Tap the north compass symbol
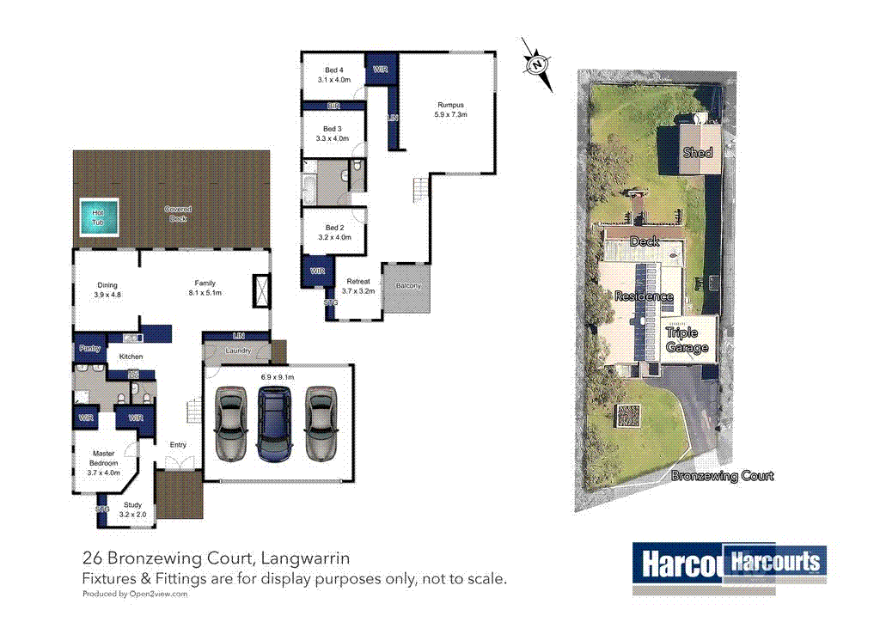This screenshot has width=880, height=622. point(537,64)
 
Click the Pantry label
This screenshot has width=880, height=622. point(89,349)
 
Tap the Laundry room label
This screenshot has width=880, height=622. point(238,351)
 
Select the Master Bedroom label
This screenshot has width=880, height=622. point(106,461)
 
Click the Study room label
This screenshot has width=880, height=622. point(132,505)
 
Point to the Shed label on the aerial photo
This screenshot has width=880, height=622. point(698,152)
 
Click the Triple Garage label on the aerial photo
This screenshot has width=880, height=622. point(687,340)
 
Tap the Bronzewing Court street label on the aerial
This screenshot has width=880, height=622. point(722,476)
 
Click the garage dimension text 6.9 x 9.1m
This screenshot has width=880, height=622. point(277,376)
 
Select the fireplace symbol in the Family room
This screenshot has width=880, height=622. point(261,290)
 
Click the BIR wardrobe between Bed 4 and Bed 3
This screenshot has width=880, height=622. point(333,107)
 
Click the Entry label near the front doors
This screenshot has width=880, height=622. point(178,444)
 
